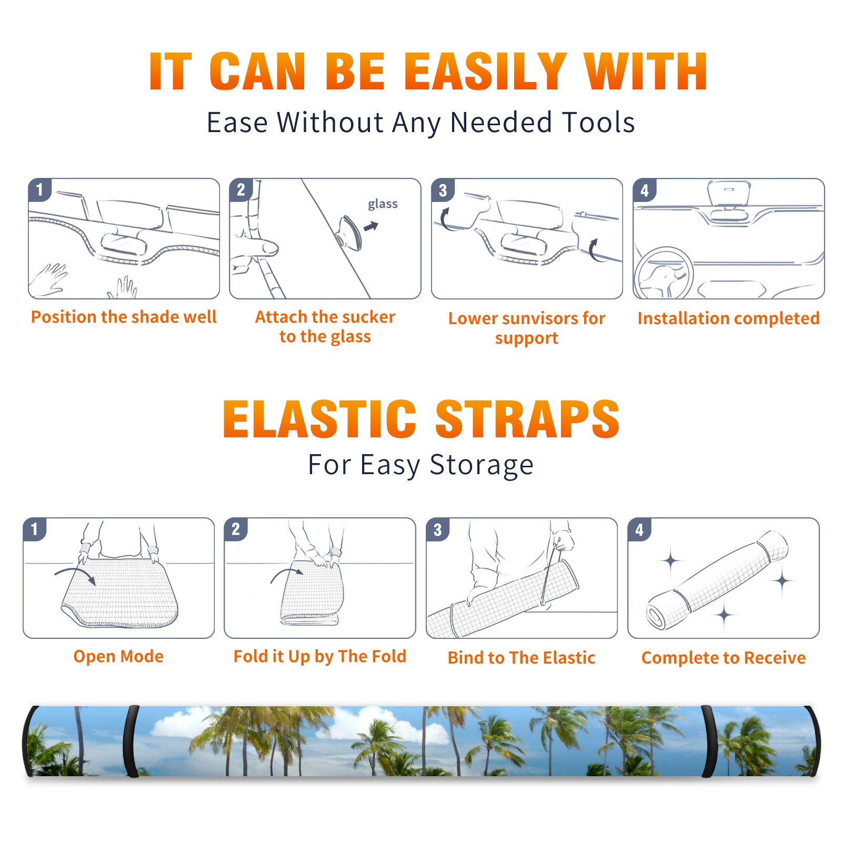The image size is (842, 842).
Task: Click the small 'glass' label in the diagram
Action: tap(383, 204)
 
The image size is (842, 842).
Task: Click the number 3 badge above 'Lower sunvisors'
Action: tap(443, 190)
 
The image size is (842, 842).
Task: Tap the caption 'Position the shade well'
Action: tap(124, 317)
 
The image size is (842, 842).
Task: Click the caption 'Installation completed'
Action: tap(728, 318)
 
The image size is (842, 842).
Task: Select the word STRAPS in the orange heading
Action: tap(527, 419)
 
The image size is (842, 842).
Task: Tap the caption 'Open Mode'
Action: tap(118, 656)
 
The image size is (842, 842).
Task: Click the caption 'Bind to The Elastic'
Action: tap(521, 657)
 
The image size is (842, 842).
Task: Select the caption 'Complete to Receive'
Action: tap(724, 658)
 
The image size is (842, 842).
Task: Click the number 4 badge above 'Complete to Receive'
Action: tap(639, 529)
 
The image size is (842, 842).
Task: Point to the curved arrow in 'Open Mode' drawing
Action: tap(75, 572)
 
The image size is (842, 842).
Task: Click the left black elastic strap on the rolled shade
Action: tap(131, 741)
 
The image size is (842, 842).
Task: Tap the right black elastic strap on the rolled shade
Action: tap(709, 741)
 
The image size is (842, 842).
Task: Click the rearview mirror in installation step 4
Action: tap(728, 194)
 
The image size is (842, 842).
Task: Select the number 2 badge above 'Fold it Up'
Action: tap(236, 529)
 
